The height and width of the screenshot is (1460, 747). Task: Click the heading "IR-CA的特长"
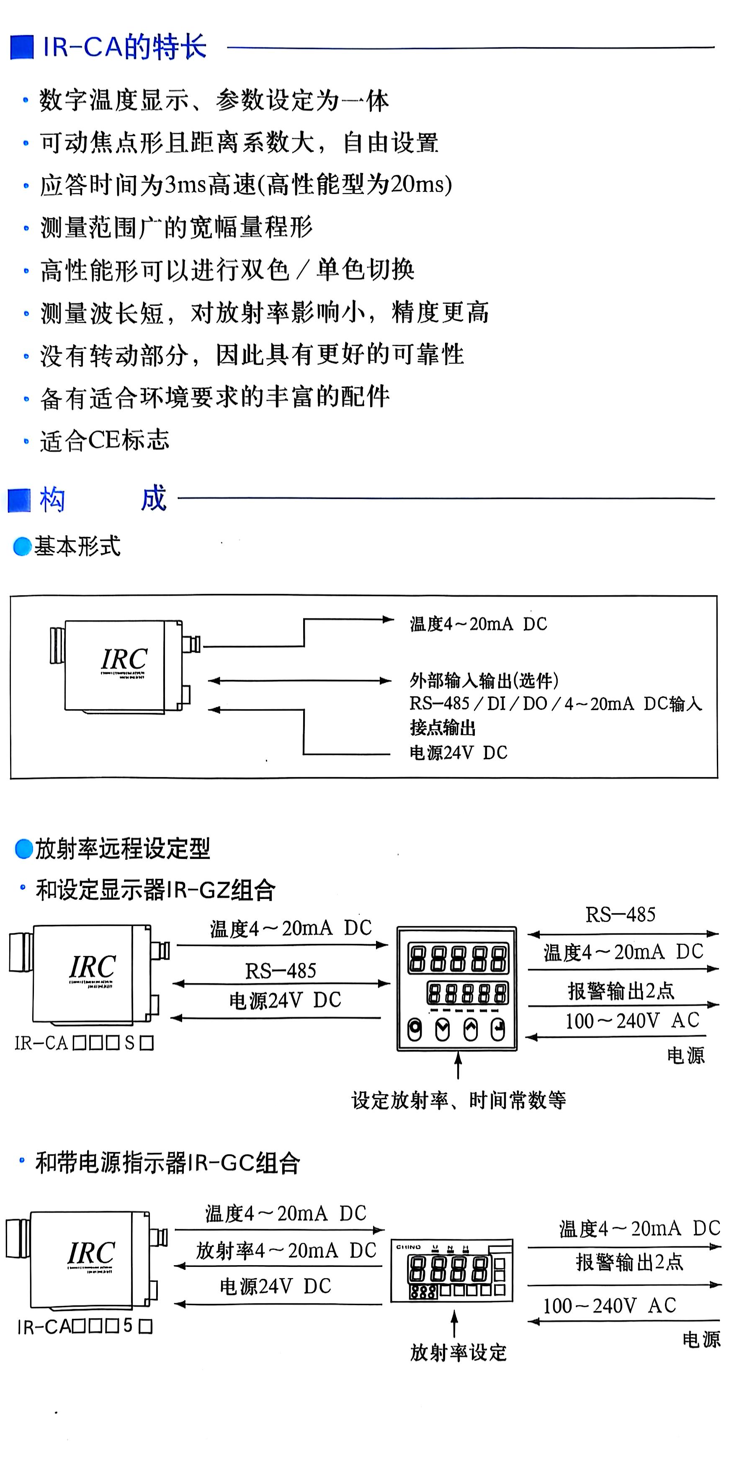coord(125,47)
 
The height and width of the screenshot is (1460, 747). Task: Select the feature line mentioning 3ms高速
coord(246,185)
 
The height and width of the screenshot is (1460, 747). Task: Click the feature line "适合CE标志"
coord(105,440)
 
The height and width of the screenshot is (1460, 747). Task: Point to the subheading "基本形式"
coord(77,546)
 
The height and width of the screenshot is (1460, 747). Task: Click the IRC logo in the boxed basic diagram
coord(124,659)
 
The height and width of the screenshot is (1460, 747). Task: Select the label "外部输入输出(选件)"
coord(484,680)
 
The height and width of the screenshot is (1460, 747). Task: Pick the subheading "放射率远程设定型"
coord(122,848)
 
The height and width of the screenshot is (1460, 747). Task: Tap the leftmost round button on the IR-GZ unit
coord(415,1029)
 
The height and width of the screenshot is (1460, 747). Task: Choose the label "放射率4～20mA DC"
coord(286,1250)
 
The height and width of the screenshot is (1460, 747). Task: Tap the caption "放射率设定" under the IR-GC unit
coord(458,1353)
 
